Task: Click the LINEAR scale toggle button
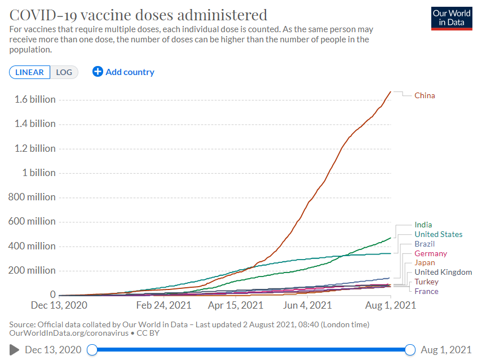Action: tap(29, 72)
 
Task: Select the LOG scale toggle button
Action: tap(64, 72)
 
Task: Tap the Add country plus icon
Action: tap(98, 72)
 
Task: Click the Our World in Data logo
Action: tap(451, 18)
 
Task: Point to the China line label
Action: tap(424, 95)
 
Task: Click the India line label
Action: tap(423, 225)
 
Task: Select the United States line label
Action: tap(438, 234)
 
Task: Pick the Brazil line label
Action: tap(424, 244)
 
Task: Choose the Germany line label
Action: tap(431, 253)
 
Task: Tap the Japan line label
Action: tap(424, 262)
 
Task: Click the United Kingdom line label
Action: tap(443, 272)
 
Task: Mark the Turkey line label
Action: tap(426, 282)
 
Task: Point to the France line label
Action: tap(426, 291)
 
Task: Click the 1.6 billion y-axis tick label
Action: tap(35, 99)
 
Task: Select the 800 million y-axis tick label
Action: tap(32, 197)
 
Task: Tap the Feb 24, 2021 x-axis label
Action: tap(164, 305)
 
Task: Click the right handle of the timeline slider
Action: tap(410, 350)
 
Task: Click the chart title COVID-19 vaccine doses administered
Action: tap(139, 14)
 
